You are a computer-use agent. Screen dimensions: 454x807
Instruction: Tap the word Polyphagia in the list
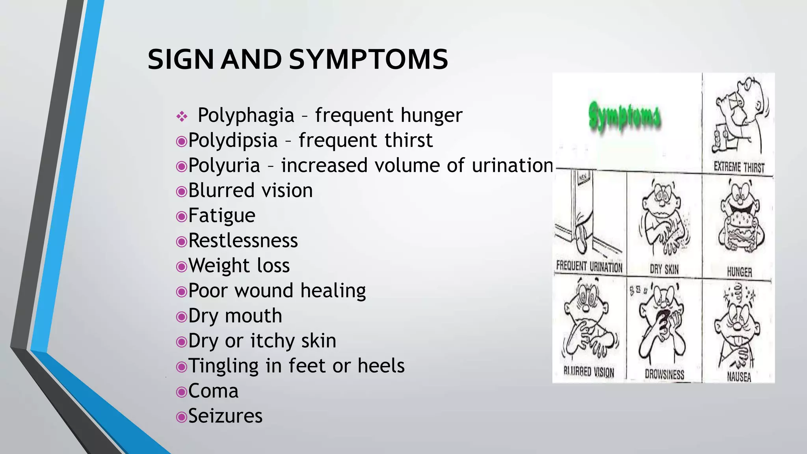point(246,115)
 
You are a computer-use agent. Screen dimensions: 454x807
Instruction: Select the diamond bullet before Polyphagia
point(182,116)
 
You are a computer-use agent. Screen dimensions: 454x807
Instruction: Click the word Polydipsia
point(233,141)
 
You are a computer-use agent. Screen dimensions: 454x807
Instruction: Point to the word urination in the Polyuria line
point(513,166)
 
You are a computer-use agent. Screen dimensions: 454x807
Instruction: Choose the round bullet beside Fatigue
point(181,216)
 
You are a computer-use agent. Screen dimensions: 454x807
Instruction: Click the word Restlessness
point(243,241)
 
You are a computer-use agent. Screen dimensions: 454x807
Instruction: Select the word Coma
point(213,391)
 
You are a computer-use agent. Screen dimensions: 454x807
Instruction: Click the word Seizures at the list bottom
point(225,416)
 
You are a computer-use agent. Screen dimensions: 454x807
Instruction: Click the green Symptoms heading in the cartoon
point(625,117)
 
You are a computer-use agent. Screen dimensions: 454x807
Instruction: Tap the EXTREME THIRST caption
point(739,167)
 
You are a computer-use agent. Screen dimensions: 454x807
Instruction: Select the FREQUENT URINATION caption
point(589,267)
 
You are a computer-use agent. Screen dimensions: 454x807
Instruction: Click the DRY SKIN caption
point(664,270)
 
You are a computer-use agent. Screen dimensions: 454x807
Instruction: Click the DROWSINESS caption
point(664,374)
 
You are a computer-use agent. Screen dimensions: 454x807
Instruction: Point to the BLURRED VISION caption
point(589,372)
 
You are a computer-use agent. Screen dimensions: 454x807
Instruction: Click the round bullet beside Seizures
point(181,417)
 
